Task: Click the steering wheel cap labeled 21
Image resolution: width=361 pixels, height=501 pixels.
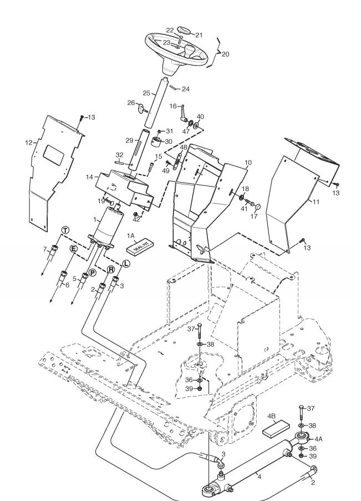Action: [184, 31]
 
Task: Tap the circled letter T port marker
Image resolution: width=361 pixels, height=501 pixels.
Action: [65, 230]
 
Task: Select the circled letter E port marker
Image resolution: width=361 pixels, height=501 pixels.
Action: [73, 248]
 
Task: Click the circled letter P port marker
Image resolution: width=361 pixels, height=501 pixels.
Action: [92, 273]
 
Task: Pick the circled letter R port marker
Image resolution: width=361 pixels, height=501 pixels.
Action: [111, 269]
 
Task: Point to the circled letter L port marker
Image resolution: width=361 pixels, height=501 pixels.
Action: [126, 264]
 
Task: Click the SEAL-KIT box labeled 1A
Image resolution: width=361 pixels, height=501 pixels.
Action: [140, 247]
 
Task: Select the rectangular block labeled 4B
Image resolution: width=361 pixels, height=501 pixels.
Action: [276, 429]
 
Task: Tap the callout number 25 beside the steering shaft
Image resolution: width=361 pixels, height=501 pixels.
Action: [146, 93]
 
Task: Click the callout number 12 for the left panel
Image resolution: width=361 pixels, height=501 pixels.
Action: [29, 143]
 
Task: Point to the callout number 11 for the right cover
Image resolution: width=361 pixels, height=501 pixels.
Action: [316, 202]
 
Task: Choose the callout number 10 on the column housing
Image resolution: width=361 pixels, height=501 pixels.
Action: [248, 162]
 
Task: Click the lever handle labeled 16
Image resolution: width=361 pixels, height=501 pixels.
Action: [184, 113]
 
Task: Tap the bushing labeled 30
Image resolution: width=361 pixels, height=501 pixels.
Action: [156, 141]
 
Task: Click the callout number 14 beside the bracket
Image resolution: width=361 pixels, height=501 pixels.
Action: [90, 177]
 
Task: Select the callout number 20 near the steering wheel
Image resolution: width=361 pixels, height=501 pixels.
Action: [225, 54]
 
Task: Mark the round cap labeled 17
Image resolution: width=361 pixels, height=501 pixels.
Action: [258, 207]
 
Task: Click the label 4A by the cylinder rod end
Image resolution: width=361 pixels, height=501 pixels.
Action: [319, 439]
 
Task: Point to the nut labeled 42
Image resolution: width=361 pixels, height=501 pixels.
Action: [135, 214]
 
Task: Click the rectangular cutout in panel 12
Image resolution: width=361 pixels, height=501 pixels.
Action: [54, 153]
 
